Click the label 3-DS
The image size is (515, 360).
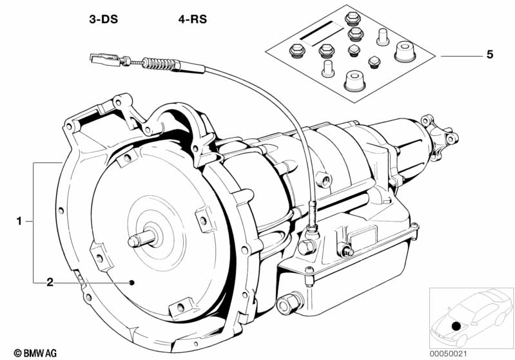(x=103, y=20)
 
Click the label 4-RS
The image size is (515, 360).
(x=192, y=20)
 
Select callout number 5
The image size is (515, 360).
(x=490, y=55)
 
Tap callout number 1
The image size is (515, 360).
(x=19, y=221)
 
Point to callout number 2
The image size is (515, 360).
(x=49, y=282)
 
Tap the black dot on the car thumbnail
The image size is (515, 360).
(x=456, y=327)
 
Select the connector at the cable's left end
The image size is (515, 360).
(x=101, y=59)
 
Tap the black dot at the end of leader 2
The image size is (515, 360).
(x=131, y=282)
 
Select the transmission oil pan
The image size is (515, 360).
(x=361, y=277)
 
